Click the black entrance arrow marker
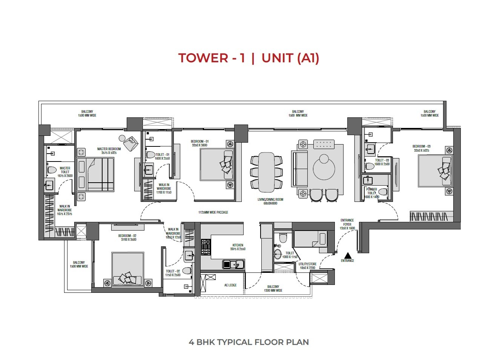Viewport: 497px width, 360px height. pos(347,255)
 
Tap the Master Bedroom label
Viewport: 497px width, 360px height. pos(109,151)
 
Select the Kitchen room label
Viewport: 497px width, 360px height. pos(238,247)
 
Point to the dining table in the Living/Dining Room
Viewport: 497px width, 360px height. pos(266,172)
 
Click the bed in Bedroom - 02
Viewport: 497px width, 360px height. pos(127,269)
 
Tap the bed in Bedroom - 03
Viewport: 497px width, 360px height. pos(435,171)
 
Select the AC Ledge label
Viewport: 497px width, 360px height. pos(230,285)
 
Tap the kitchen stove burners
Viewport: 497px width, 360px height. pos(206,247)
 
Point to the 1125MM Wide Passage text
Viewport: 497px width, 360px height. pos(213,212)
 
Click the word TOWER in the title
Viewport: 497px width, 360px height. pos(202,58)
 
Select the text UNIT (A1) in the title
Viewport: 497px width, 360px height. pos(290,58)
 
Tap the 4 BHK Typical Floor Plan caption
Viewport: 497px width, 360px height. pos(249,342)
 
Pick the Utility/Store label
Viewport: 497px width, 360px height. pos(307,266)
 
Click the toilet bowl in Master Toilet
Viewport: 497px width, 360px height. pos(51,171)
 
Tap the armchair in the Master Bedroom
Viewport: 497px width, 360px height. pos(132,143)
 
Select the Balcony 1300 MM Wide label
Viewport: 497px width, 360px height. pos(273,289)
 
